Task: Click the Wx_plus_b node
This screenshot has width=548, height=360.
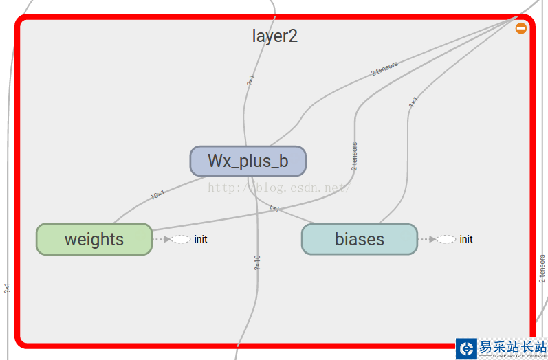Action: [x=248, y=161]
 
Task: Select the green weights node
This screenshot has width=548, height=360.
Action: [x=94, y=239]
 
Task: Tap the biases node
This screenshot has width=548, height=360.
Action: [x=359, y=239]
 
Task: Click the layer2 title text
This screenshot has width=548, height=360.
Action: [x=274, y=36]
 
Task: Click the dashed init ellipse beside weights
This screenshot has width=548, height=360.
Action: [x=181, y=239]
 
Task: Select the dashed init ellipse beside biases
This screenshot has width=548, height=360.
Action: [x=446, y=239]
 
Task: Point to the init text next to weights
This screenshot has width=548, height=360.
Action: [x=201, y=239]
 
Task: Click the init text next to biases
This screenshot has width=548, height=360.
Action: [x=466, y=239]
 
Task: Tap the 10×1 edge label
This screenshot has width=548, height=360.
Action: [x=157, y=195]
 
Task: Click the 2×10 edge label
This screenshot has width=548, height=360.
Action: [x=256, y=262]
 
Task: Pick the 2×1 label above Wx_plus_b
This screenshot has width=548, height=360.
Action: [x=250, y=80]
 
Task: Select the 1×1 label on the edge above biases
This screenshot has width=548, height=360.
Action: [x=413, y=102]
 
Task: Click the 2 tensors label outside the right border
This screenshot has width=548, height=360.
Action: [x=542, y=269]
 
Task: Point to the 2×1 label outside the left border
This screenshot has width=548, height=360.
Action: [x=7, y=289]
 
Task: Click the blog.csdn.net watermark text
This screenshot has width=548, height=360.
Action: [x=278, y=187]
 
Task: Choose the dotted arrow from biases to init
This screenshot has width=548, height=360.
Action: [x=427, y=239]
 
